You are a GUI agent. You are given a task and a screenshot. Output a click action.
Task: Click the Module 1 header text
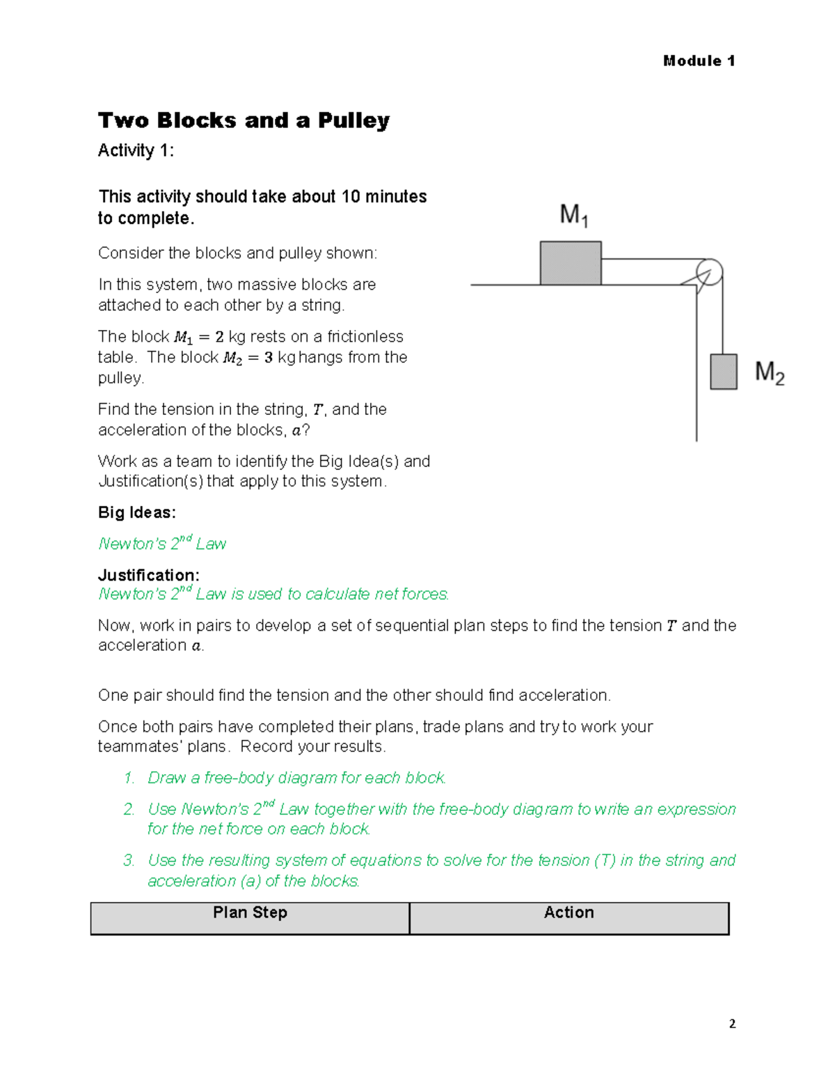699,61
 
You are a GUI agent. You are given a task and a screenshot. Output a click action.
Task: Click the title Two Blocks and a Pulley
244,120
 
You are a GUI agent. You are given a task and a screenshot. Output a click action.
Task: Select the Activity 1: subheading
136,150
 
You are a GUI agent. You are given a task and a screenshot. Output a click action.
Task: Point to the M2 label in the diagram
770,372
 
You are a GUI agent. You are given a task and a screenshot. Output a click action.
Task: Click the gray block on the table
571,263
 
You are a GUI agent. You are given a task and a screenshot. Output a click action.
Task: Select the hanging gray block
723,372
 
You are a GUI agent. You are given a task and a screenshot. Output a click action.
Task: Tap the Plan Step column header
250,913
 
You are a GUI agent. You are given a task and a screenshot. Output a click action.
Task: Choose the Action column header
568,913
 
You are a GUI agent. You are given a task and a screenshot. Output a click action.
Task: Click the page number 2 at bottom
732,1023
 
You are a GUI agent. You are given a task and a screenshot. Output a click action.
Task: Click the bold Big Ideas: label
136,512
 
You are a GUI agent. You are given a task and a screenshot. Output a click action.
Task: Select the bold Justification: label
148,575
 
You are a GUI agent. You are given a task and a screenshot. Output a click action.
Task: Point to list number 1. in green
129,778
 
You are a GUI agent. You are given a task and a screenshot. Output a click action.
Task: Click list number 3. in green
129,860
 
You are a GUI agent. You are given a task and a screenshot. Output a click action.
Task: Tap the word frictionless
365,337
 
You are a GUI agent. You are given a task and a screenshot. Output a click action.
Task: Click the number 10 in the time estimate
350,197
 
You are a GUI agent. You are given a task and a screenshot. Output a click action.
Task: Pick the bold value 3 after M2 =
268,358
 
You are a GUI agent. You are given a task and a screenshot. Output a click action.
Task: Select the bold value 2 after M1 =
219,337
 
